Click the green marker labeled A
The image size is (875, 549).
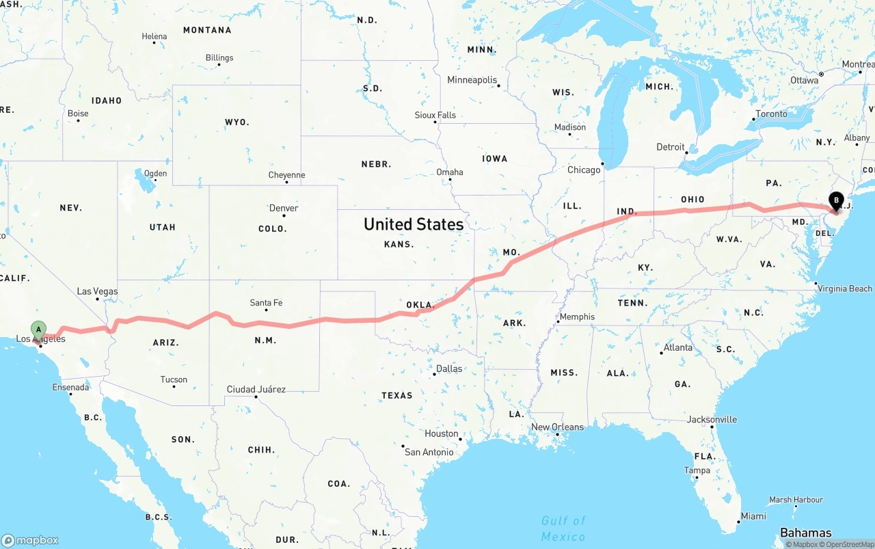[x=39, y=330]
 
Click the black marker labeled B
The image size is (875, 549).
[x=836, y=201]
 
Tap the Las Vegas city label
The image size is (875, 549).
[x=97, y=291]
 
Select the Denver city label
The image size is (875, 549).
[x=284, y=208]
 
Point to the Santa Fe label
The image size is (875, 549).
[x=266, y=302]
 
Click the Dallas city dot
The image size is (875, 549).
[x=434, y=374]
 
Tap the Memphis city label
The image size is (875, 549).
[x=577, y=317]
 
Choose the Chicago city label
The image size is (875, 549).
[x=584, y=170]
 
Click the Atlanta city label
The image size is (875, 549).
[x=677, y=347]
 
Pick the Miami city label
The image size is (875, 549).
[x=753, y=515]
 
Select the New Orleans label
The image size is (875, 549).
[x=557, y=427]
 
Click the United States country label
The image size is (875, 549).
[x=413, y=224]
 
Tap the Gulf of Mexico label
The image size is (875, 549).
[x=563, y=528]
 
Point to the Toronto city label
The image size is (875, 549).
[x=771, y=113]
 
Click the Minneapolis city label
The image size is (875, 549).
[x=472, y=79]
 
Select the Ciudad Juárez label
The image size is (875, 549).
[x=256, y=389]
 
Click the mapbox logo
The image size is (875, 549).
[x=30, y=540]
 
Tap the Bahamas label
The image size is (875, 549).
[x=805, y=533]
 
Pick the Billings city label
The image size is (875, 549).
[x=219, y=57]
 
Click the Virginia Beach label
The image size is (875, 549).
[x=845, y=289]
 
